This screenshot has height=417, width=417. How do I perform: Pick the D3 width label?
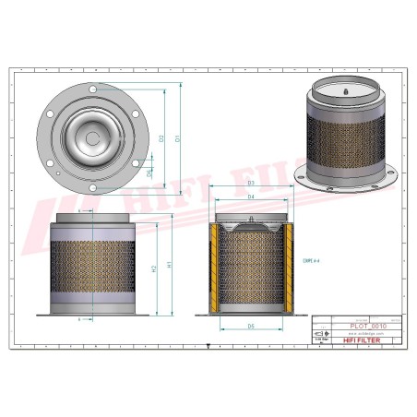tap(251, 184)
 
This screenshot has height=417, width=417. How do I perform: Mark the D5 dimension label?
tap(251, 326)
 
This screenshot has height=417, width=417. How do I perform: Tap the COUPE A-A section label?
tap(310, 261)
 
